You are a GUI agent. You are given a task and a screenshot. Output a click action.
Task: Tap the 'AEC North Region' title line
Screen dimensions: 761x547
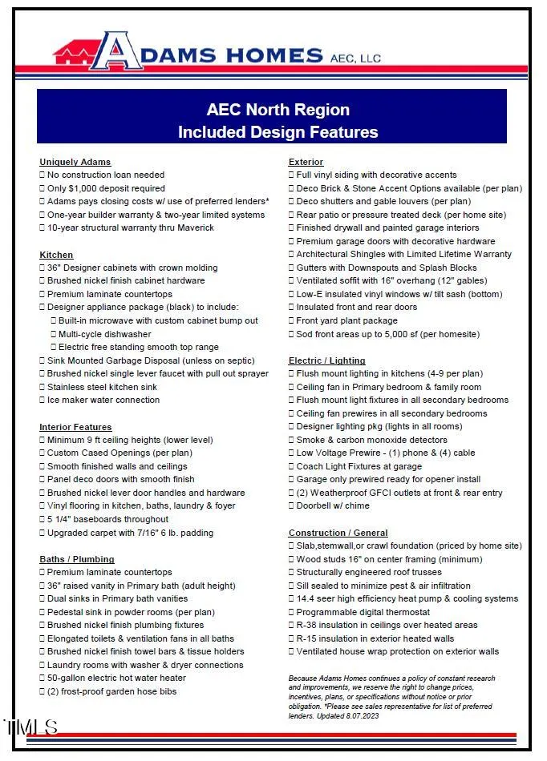pos(278,110)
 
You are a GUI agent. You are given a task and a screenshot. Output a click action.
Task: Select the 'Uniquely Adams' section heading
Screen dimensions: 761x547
pos(75,162)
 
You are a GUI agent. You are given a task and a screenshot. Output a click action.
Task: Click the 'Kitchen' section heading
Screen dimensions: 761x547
pos(56,255)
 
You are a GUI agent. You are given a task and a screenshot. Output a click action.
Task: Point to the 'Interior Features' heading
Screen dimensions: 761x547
pos(75,427)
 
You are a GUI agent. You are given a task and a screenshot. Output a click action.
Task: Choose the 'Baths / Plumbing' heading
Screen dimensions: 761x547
pos(77,559)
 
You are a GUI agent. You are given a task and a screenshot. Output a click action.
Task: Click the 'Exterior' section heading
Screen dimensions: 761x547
pos(306,162)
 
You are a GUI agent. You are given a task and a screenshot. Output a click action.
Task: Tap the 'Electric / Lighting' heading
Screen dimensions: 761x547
pos(326,360)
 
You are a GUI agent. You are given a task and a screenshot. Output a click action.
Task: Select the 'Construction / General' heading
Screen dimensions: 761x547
pos(338,533)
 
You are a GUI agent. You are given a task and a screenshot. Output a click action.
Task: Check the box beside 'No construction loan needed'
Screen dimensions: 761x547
pos(43,175)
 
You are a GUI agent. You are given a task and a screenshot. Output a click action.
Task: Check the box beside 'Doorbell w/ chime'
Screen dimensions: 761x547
pos(292,506)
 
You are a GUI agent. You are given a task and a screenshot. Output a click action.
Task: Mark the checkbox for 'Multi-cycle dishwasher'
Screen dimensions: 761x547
pos(54,334)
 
